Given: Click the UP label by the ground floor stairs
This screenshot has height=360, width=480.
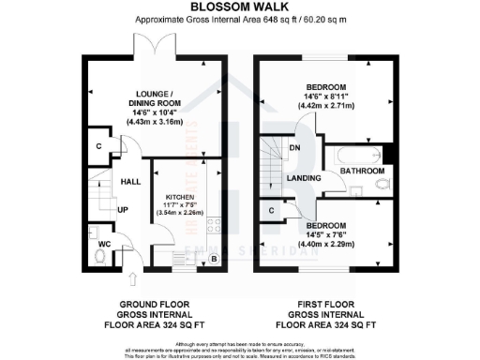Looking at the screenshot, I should (x=122, y=209).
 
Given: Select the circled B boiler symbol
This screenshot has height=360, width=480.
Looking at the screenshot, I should (x=215, y=259).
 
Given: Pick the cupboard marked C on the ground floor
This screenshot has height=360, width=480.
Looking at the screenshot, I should (x=99, y=148).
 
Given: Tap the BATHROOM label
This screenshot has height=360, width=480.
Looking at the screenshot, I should (x=362, y=172).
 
